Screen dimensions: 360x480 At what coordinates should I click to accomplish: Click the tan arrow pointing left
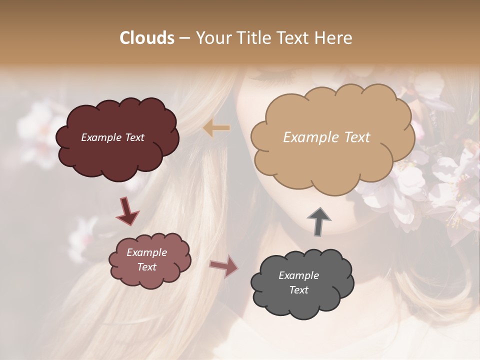(x=216, y=128)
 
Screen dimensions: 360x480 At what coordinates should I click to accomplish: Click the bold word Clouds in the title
(x=147, y=38)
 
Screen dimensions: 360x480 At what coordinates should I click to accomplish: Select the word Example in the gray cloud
(x=298, y=275)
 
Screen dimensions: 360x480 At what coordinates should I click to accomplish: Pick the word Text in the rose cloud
(x=147, y=267)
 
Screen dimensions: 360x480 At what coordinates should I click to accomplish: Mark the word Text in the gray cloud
(x=298, y=290)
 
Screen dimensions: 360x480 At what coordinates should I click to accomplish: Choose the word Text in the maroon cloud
(x=134, y=137)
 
